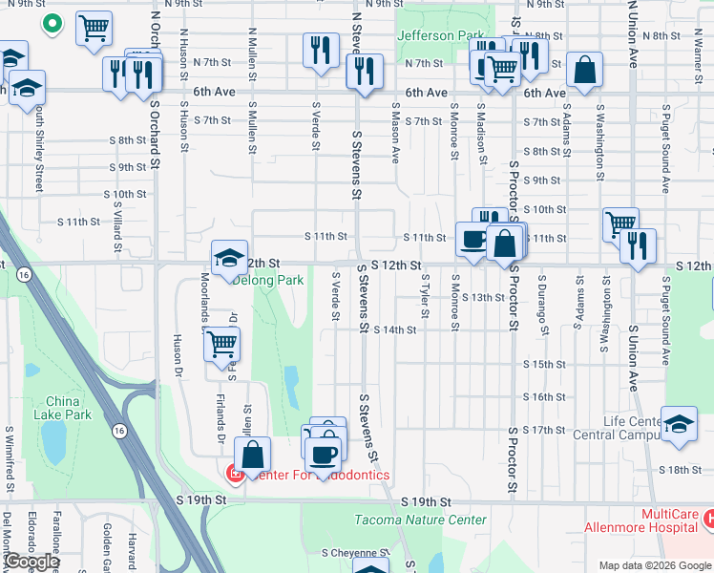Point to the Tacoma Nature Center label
coord(420,520)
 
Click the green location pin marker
coord(52,23)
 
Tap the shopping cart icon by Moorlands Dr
coord(221,343)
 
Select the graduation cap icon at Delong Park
coord(229,256)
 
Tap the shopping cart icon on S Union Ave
coord(620,224)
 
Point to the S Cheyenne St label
coord(355,552)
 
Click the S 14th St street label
coord(395,330)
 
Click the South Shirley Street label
coord(38,148)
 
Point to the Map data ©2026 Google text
coord(655,565)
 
